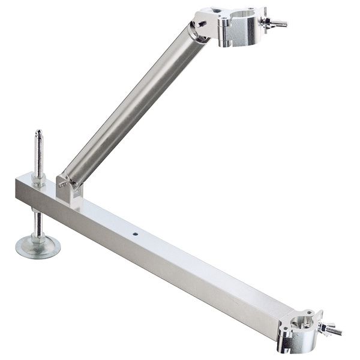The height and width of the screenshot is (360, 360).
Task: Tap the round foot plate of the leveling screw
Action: point(38,246)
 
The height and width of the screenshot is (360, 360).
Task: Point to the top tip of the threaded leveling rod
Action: point(38,132)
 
